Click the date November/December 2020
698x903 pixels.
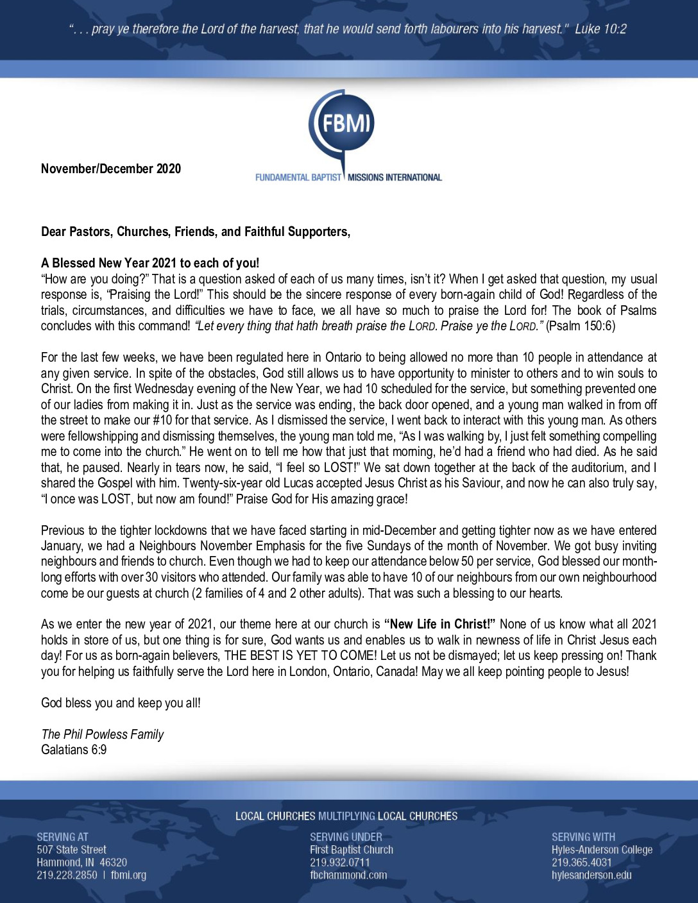pyautogui.click(x=111, y=169)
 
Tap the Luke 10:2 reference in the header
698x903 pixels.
pyautogui.click(x=600, y=29)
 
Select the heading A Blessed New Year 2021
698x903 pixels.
pyautogui.click(x=150, y=263)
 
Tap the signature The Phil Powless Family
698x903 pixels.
pyautogui.click(x=103, y=734)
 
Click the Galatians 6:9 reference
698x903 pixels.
pyautogui.click(x=74, y=750)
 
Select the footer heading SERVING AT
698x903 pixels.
pyautogui.click(x=62, y=837)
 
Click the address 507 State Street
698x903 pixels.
pyautogui.click(x=71, y=850)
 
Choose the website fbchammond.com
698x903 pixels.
pyautogui.click(x=348, y=875)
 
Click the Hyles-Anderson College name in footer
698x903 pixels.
pyautogui.click(x=602, y=850)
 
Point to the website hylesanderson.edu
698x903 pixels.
pyautogui.click(x=592, y=875)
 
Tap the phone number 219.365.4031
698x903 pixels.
pyautogui.click(x=582, y=863)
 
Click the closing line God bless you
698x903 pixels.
pyautogui.click(x=121, y=703)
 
